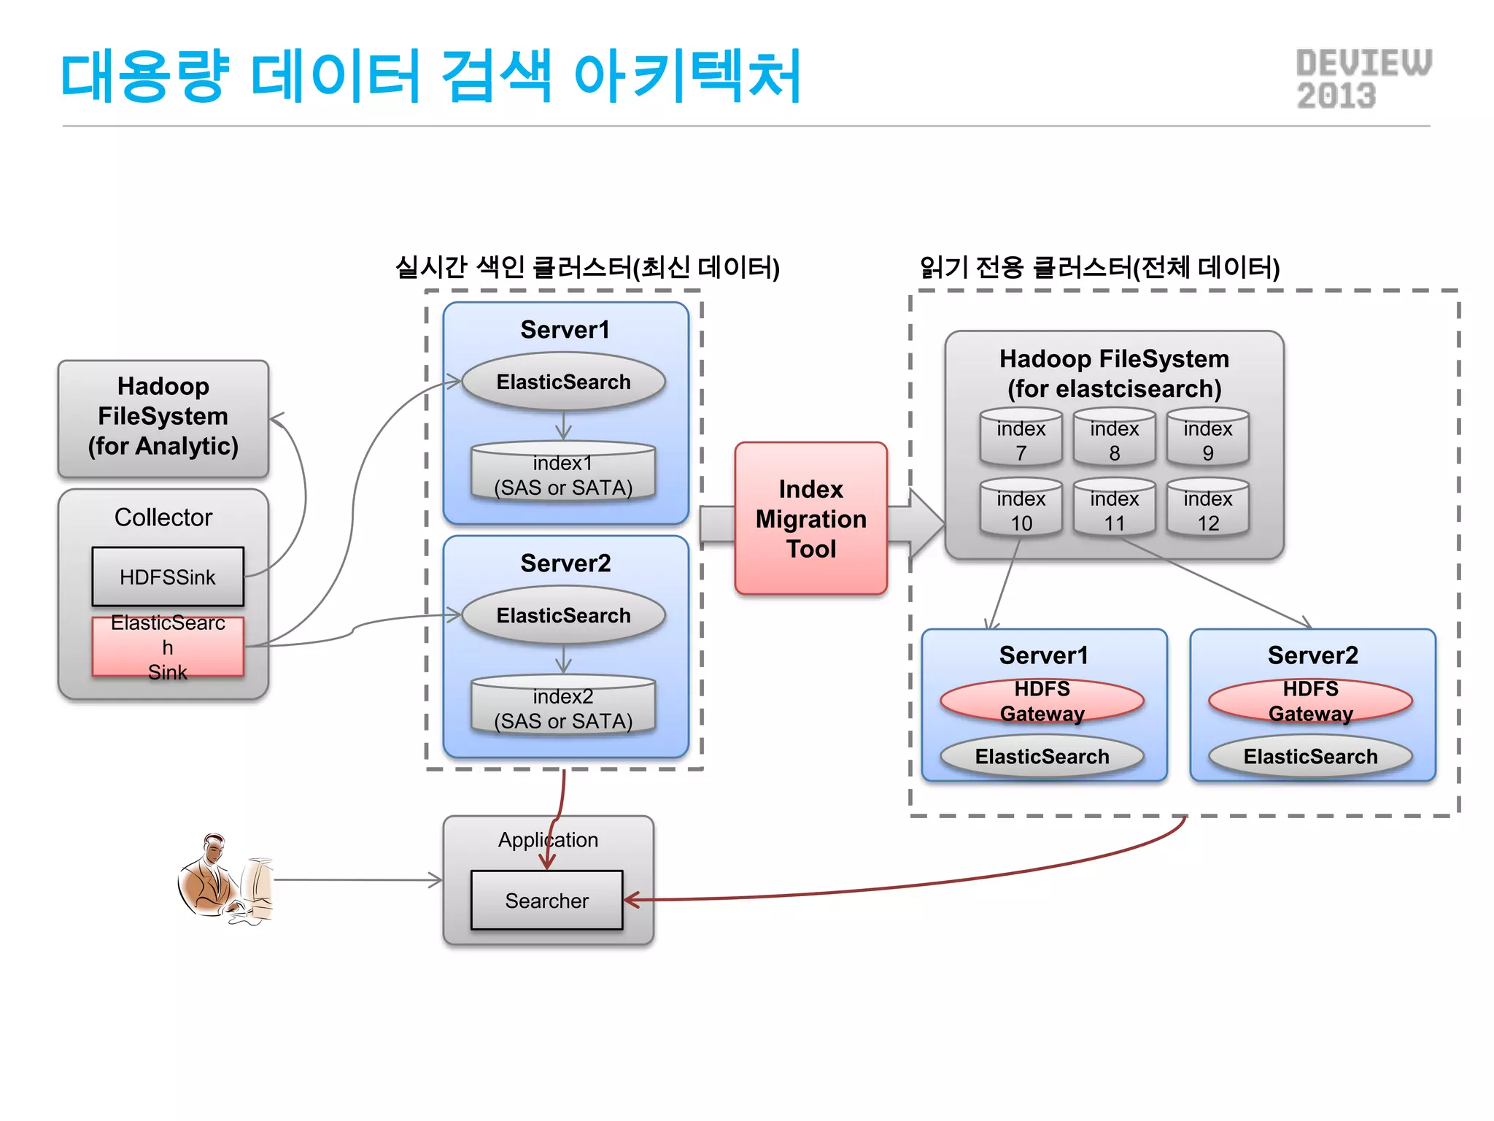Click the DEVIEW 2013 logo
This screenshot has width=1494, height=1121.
pos(1363,79)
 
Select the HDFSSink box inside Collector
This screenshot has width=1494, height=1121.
pos(168,577)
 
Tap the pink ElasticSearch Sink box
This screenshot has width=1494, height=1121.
pos(168,647)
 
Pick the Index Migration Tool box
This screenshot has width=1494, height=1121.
pos(810,518)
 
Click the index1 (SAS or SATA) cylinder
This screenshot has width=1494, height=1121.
pos(562,473)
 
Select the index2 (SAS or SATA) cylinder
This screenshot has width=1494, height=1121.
pos(562,706)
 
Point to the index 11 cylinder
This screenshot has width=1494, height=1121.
pos(1114,509)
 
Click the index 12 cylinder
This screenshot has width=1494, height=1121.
pos(1207,509)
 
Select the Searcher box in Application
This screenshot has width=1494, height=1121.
pos(546,900)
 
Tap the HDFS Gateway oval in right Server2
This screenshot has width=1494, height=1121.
pos(1310,701)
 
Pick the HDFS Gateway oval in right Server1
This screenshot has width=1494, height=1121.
pos(1042,701)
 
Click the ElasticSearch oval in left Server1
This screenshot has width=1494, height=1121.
pos(563,381)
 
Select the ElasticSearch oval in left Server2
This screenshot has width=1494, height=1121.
pos(563,615)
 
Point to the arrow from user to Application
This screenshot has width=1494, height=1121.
pos(357,880)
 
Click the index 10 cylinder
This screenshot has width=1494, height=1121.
pos(1021,509)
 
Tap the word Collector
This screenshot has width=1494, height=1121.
pos(163,517)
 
